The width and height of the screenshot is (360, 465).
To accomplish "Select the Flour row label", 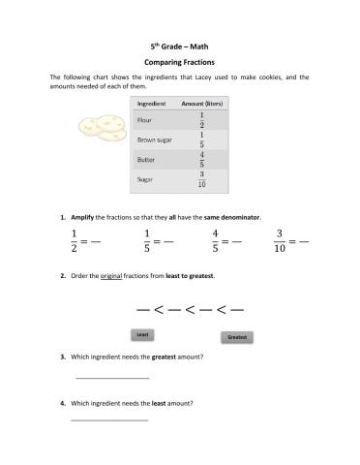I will pos(145,120).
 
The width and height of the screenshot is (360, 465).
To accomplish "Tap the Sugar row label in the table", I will pos(145,179).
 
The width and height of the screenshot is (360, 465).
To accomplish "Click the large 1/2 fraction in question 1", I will pos(75,240).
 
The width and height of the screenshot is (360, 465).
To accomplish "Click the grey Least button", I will pos(142,334).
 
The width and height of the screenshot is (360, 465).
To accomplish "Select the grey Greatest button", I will pos(236,337).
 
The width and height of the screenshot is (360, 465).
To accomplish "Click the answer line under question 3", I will pos(111,378).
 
